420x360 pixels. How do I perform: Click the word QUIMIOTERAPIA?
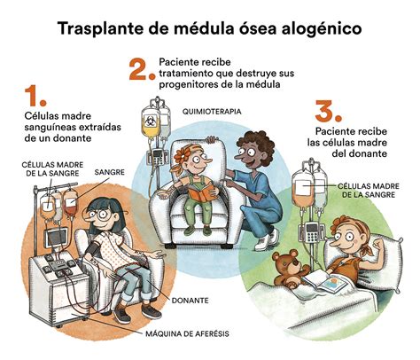[x=212, y=112]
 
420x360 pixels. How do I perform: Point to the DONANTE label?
[x=191, y=301]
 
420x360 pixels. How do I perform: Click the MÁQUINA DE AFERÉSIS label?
[x=187, y=334]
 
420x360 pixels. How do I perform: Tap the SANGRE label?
[x=110, y=172]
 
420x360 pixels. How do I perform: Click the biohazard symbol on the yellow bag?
[x=149, y=121]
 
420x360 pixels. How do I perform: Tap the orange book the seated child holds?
[x=201, y=192]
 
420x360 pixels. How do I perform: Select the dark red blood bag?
[x=71, y=204]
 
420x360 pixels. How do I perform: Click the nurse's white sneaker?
[x=266, y=240]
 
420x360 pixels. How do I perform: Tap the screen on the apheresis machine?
[x=57, y=238]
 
